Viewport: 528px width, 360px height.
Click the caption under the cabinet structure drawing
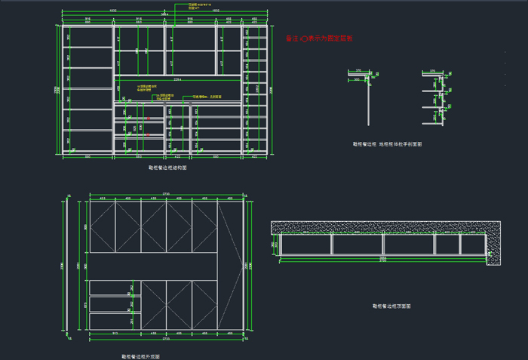[167, 168]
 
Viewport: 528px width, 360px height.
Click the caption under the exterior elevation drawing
[140, 355]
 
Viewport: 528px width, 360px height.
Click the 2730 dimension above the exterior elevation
[167, 195]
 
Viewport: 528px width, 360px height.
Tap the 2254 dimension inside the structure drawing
[177, 78]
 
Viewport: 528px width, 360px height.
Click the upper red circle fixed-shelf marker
[149, 118]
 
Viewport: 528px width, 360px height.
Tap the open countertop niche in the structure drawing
[177, 88]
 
